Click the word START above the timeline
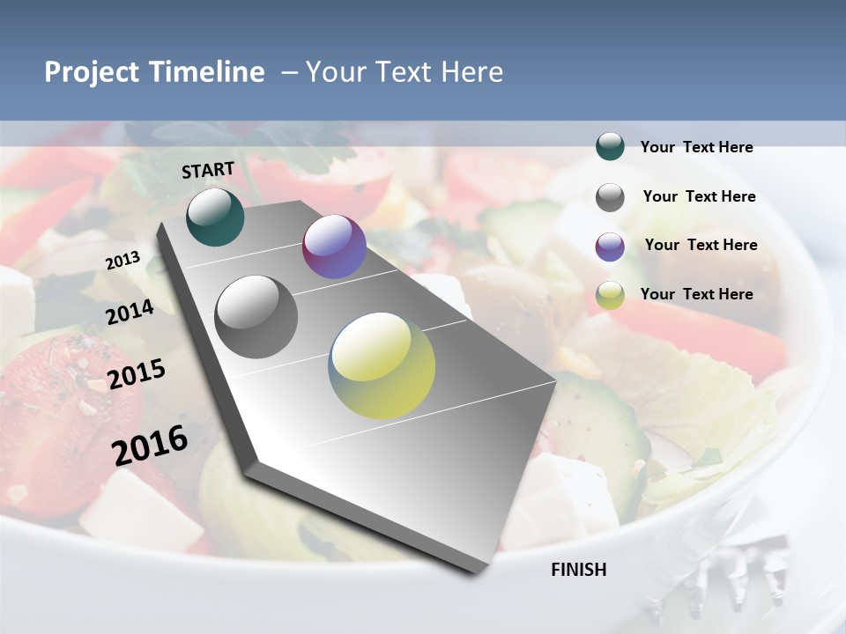point(208,170)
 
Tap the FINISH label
point(579,570)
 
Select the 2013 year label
point(123,261)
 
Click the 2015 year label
point(137,374)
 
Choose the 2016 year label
point(150,446)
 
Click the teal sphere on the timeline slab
point(215,217)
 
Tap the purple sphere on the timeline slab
point(334,247)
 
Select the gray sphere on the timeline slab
point(256,317)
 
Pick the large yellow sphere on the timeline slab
point(382,365)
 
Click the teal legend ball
point(610,147)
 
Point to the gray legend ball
point(610,197)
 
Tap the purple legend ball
point(610,247)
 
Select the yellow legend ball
point(610,295)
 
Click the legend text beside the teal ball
point(696,148)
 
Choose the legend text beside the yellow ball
point(696,294)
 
